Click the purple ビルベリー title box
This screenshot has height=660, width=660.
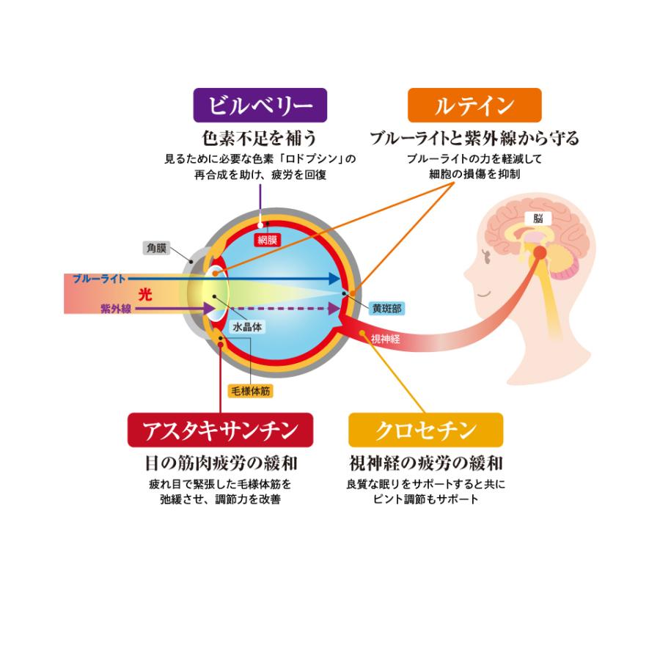[259, 105]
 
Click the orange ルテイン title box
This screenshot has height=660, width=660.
[474, 105]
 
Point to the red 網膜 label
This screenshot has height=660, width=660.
[266, 240]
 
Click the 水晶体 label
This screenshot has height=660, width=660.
[247, 328]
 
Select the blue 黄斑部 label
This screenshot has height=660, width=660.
[386, 308]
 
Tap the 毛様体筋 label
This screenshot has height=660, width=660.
[251, 391]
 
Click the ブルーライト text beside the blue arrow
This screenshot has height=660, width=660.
[100, 279]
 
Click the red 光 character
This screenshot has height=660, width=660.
[146, 293]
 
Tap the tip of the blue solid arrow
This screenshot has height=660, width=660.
[339, 279]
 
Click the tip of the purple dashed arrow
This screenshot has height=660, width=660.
[338, 309]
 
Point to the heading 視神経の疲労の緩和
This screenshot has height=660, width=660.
[426, 464]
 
